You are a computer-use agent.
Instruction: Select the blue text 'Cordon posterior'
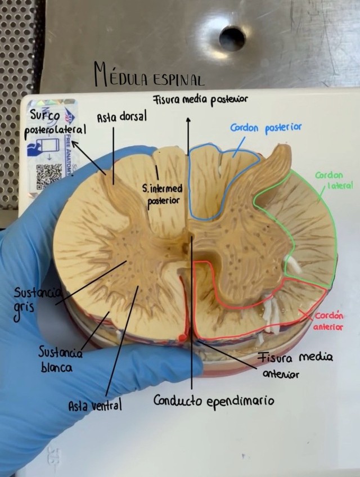point(265,128)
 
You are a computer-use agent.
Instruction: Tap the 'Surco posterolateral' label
point(54,123)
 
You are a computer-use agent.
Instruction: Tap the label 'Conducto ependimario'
point(214,401)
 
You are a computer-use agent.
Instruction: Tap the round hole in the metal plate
point(232,38)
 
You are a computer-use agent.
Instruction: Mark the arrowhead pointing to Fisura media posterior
point(188,120)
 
